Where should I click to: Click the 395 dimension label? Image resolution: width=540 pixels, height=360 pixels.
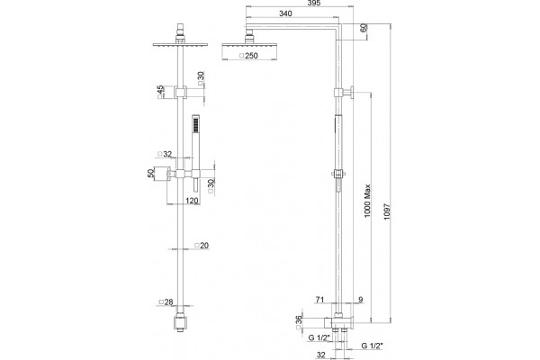314,3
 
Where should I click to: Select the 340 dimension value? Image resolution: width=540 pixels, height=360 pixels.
285,13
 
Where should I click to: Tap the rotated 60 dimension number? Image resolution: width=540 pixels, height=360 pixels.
364,28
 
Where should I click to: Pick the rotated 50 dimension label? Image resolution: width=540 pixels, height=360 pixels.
151,173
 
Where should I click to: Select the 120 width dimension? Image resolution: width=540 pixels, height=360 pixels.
193,201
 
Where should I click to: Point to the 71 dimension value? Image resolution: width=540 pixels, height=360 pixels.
319,300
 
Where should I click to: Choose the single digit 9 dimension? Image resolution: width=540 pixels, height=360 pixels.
361,300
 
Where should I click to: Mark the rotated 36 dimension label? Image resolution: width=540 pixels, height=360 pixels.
299,320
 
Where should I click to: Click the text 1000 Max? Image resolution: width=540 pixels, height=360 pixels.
367,201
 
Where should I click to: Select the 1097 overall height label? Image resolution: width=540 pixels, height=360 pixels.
387,212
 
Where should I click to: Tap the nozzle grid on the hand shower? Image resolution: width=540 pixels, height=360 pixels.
195,124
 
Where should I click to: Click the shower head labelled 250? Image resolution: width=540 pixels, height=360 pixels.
249,52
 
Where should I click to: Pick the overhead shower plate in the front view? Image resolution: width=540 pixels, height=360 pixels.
181,45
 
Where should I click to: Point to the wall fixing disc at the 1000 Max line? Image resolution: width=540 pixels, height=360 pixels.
352,93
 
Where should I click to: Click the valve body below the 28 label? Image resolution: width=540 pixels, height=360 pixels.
181,322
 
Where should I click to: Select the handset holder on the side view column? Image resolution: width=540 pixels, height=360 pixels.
339,174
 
